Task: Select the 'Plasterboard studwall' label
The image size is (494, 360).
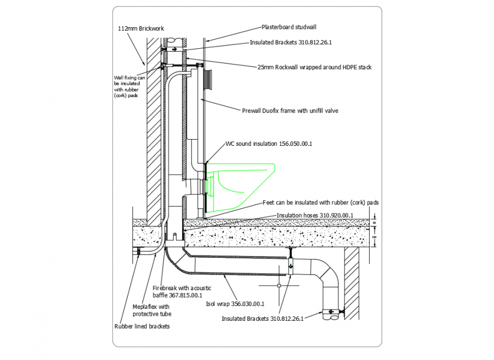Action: pyautogui.click(x=288, y=27)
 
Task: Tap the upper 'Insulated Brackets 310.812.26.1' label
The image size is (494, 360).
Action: pyautogui.click(x=291, y=43)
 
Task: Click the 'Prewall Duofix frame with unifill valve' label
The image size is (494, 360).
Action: pyautogui.click(x=290, y=111)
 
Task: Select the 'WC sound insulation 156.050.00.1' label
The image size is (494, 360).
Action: pyautogui.click(x=269, y=144)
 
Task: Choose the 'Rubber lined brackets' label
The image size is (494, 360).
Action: pyautogui.click(x=142, y=326)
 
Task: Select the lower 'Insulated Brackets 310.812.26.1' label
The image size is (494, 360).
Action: pyautogui.click(x=262, y=319)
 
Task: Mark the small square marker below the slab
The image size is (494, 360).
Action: pyautogui.click(x=278, y=286)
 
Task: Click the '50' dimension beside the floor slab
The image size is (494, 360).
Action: pyautogui.click(x=374, y=223)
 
